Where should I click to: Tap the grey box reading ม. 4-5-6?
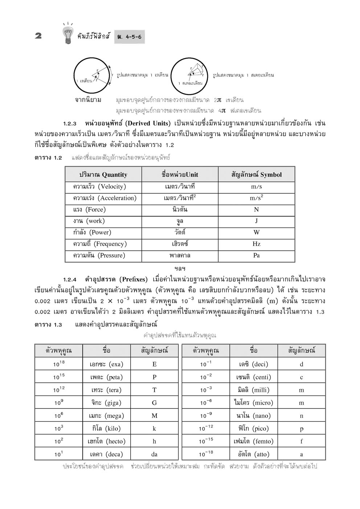(x=129, y=37)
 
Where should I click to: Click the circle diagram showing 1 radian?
(x=92, y=76)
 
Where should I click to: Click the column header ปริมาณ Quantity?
(x=103, y=175)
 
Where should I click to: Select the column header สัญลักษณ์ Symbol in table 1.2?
(x=256, y=175)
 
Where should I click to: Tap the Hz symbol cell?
(x=256, y=244)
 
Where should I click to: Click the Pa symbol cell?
(x=256, y=255)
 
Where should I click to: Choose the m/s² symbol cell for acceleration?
(x=256, y=198)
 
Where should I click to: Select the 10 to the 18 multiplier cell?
(x=59, y=364)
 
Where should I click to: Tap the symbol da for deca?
(x=154, y=454)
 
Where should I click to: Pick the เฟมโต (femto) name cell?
(x=253, y=441)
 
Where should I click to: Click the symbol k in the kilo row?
(x=154, y=428)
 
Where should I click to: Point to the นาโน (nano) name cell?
(x=253, y=416)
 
